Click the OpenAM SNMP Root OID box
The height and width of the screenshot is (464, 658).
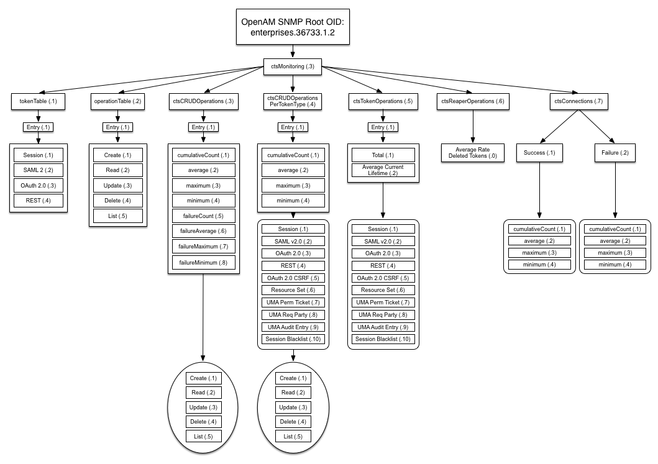pos(293,27)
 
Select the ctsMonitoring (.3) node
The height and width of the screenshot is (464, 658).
pos(293,66)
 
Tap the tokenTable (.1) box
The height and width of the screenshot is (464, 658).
pos(38,101)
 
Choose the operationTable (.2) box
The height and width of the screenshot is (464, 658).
pos(117,101)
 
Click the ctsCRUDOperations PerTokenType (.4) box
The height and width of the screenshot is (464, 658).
pos(293,101)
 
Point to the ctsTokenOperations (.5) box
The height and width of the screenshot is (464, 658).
pos(383,101)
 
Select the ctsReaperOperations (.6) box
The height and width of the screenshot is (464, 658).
pos(473,101)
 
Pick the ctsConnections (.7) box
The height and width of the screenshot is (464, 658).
pos(578,101)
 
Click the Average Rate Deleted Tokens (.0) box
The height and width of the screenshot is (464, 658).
pos(472,153)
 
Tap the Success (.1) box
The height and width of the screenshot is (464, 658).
pos(539,153)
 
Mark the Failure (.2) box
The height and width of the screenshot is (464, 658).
pos(615,153)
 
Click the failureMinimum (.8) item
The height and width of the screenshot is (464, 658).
pos(204,263)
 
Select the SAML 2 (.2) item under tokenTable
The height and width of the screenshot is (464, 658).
pos(38,170)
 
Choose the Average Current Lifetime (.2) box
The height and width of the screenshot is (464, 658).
pos(383,170)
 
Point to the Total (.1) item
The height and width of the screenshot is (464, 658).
pos(383,155)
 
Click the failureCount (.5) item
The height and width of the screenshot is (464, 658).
pos(204,216)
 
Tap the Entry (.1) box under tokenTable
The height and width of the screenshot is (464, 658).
pos(38,127)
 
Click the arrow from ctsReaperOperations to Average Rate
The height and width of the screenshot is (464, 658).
pos(473,127)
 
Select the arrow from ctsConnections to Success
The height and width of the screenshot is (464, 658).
pos(559,127)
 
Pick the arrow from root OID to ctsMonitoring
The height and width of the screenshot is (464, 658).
pos(293,51)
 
